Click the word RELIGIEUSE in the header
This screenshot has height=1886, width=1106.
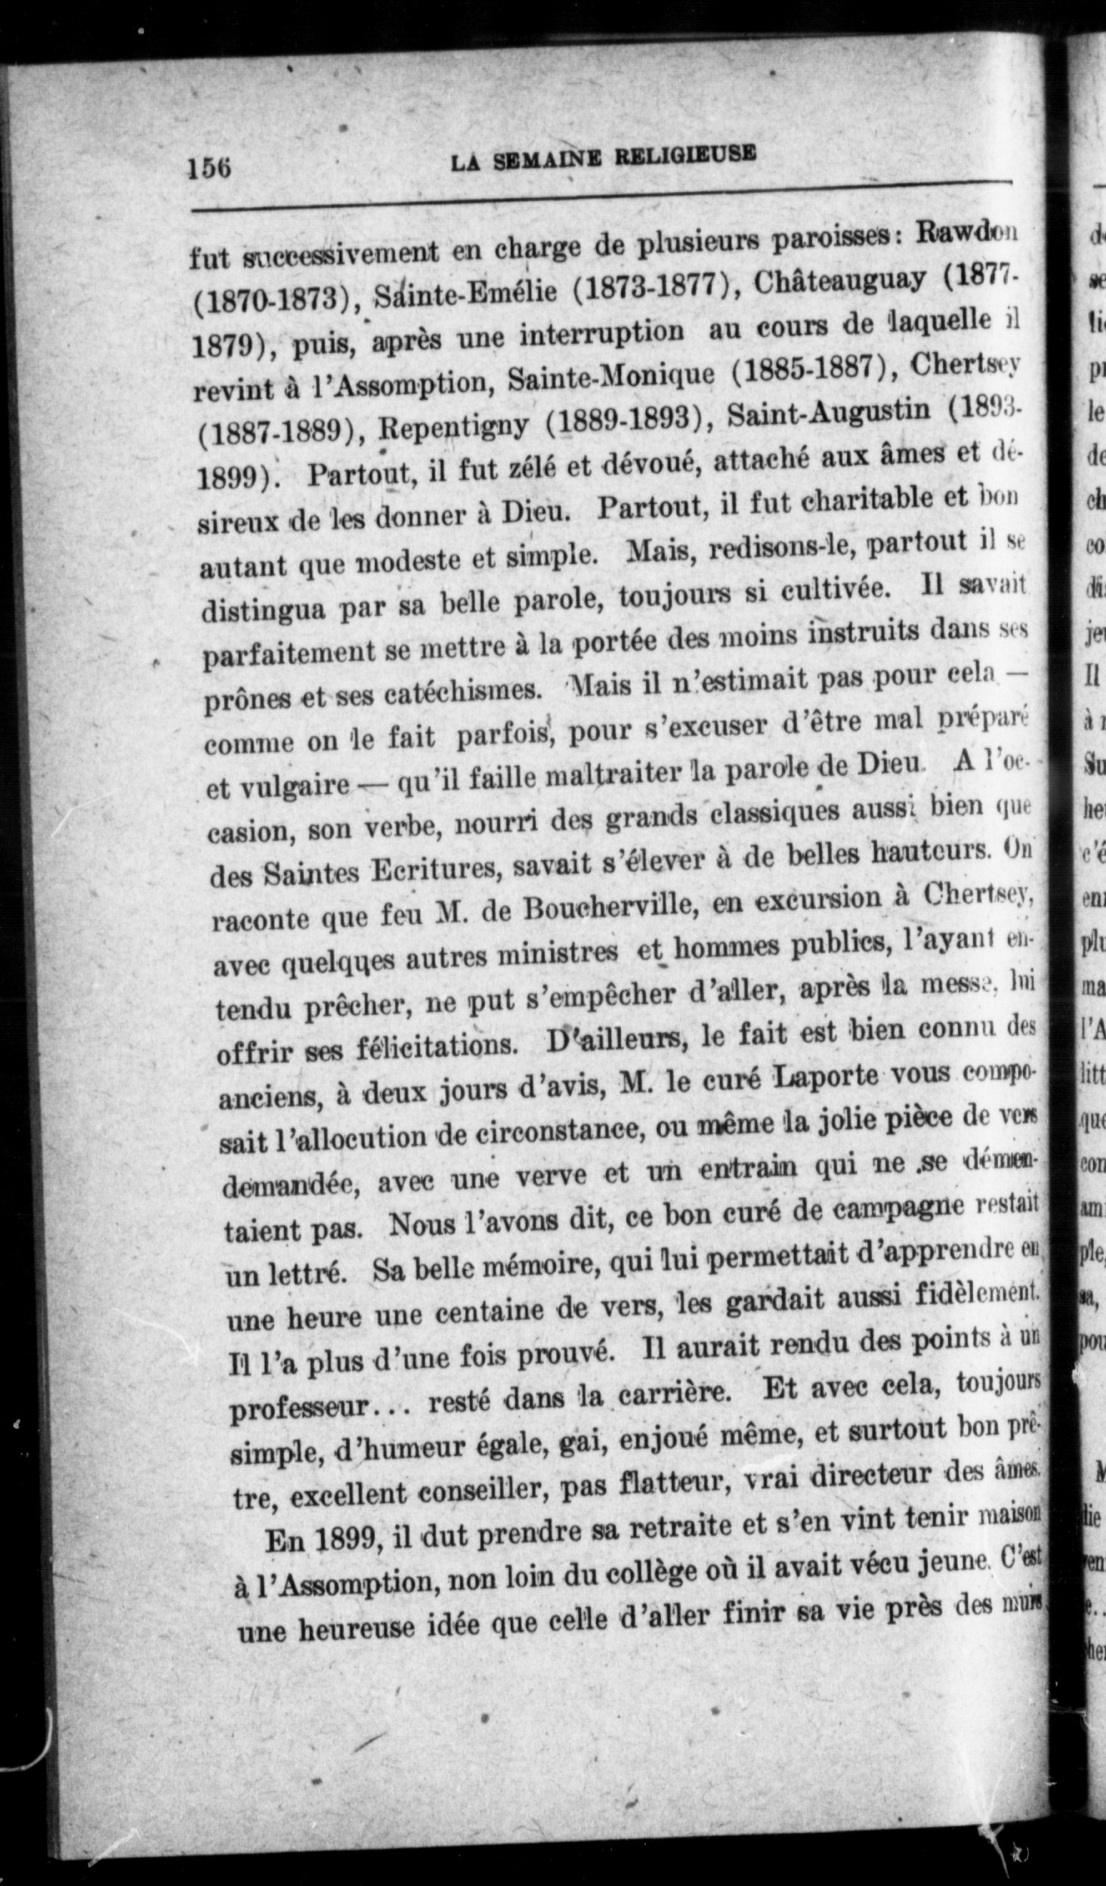click(685, 155)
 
